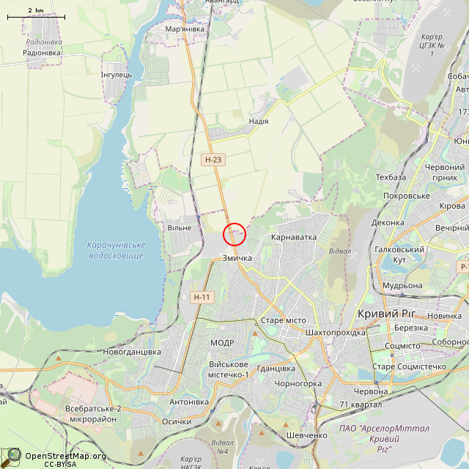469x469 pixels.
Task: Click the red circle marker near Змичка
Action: [x=234, y=234]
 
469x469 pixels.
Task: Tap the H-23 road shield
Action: [x=213, y=159]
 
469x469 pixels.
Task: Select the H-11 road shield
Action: [x=202, y=297]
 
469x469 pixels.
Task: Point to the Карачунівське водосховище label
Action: [x=116, y=250]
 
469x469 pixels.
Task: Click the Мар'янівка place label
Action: [x=185, y=29]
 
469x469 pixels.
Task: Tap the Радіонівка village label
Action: [x=42, y=53]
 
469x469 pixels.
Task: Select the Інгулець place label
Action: [x=116, y=75]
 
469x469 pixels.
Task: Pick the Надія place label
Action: [x=259, y=121]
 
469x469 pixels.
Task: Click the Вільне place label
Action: [x=180, y=227]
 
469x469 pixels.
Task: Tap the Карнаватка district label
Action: [x=293, y=237]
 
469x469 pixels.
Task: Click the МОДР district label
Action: [x=222, y=343]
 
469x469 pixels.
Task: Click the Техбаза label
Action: [x=391, y=177]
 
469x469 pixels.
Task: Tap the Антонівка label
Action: [x=189, y=402]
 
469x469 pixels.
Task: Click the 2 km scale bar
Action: [x=35, y=15]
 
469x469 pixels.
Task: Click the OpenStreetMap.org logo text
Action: [x=65, y=456]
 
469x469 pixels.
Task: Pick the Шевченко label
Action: [x=307, y=435]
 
